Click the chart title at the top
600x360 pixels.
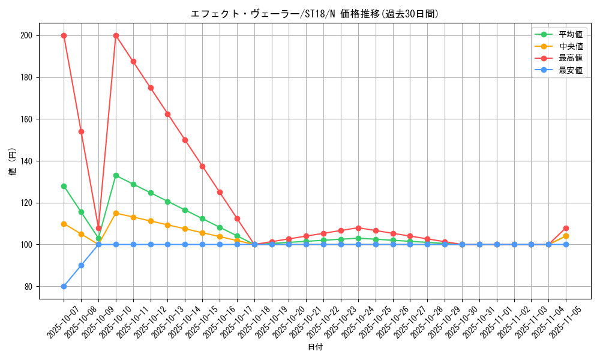314,14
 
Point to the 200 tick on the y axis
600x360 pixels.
26,35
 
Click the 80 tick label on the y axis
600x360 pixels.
28,287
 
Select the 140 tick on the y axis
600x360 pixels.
26,161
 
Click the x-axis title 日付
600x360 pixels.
315,347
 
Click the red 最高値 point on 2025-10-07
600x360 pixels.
64,35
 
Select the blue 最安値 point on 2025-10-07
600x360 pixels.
64,286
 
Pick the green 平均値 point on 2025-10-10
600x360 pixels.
116,175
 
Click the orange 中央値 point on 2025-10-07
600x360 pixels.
64,224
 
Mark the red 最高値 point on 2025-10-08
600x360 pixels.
81,131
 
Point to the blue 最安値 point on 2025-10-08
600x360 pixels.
81,265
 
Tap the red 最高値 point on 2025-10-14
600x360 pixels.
185,140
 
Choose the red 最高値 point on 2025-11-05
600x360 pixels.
566,228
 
